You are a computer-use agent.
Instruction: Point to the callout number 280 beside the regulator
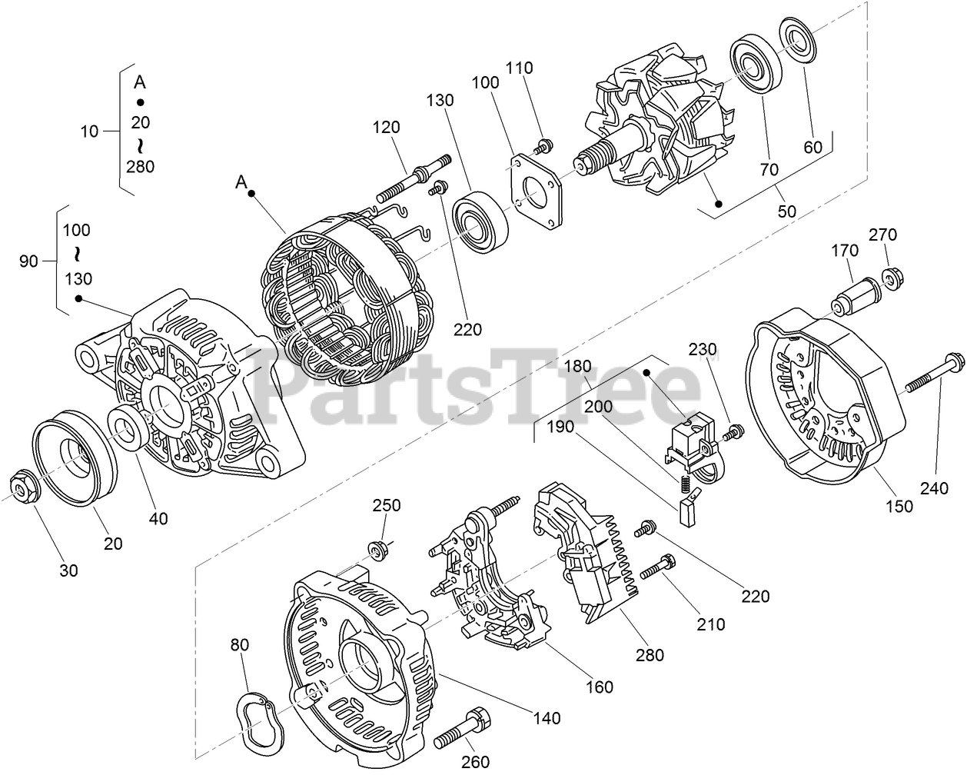pyautogui.click(x=649, y=655)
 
